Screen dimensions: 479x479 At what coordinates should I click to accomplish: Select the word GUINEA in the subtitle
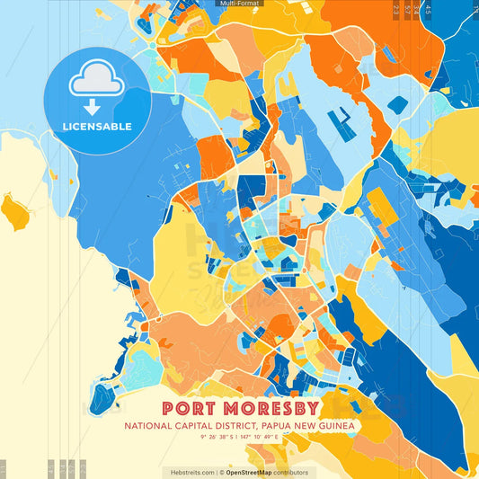click(x=334, y=425)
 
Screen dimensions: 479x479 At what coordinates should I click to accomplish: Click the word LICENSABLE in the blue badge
click(x=97, y=127)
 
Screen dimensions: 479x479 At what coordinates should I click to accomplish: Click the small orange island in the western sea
click(x=14, y=213)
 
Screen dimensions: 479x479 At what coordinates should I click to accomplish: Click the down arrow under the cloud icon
click(x=97, y=106)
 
